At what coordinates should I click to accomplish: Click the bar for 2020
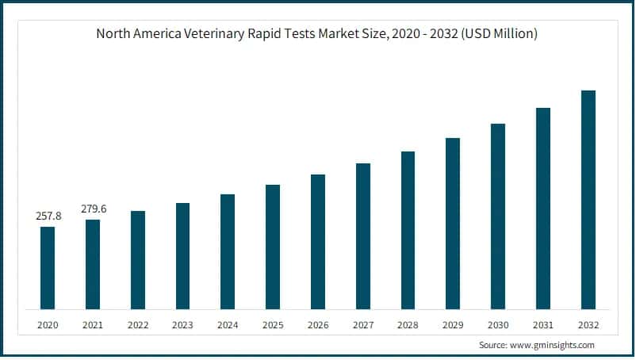[48, 268]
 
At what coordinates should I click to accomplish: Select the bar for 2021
[93, 264]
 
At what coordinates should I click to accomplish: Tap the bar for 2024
[228, 251]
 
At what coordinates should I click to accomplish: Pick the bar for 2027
[363, 236]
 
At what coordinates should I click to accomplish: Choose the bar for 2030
[498, 216]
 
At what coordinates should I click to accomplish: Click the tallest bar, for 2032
[588, 200]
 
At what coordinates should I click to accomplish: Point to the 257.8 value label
[48, 216]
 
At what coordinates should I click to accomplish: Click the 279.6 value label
[93, 209]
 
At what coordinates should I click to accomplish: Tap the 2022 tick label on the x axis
[138, 325]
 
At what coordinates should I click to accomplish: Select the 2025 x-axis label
[273, 325]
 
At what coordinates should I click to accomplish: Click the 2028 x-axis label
[408, 325]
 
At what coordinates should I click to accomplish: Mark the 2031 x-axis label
[543, 325]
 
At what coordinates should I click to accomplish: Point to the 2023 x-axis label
[182, 325]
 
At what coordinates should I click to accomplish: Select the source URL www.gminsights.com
[554, 346]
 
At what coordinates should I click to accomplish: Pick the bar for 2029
[453, 224]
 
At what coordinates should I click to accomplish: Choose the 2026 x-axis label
[318, 325]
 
